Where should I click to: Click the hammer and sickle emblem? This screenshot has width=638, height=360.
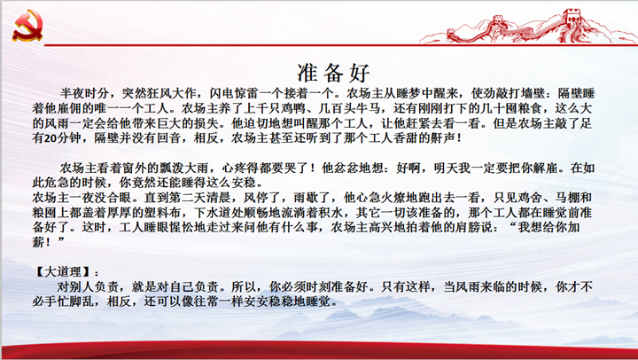pyautogui.click(x=27, y=26)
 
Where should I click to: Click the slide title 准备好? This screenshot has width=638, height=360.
pyautogui.click(x=334, y=73)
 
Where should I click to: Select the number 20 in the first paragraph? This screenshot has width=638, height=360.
pyautogui.click(x=50, y=138)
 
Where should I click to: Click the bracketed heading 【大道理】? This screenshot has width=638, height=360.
pyautogui.click(x=62, y=272)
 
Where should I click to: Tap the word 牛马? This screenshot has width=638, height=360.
pyautogui.click(x=370, y=109)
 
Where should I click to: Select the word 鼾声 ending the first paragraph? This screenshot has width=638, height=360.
pyautogui.click(x=442, y=138)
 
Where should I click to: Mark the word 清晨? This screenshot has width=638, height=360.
pyautogui.click(x=222, y=198)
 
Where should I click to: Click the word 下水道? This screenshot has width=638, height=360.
pyautogui.click(x=213, y=213)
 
